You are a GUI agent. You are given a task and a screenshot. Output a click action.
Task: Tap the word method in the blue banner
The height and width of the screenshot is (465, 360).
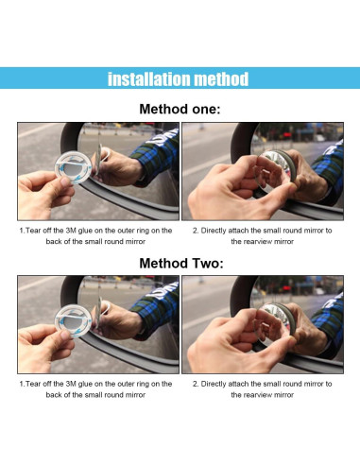click(x=221, y=79)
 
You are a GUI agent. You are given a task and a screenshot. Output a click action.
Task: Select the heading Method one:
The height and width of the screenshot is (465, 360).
click(x=180, y=110)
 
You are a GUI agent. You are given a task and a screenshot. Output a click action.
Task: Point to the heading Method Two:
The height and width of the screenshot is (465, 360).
click(x=181, y=263)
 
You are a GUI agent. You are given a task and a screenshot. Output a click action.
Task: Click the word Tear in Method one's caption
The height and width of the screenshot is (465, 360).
click(x=33, y=231)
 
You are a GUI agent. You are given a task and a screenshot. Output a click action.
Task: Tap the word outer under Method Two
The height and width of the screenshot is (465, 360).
click(x=126, y=384)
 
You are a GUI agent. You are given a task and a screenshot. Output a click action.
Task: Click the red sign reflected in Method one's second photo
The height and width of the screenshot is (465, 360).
click(x=287, y=135)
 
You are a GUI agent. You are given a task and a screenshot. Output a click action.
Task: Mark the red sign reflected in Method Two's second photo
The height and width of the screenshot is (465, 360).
click(x=287, y=288)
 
